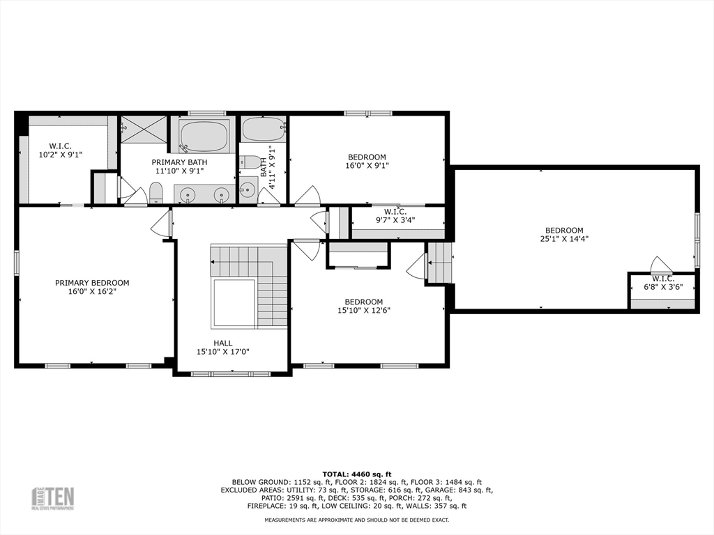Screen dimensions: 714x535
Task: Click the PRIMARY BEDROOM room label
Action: [92, 283]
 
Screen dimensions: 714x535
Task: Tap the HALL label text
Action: [223, 343]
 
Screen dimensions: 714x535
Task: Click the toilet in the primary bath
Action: [155, 193]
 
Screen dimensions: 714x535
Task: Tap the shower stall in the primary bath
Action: [144, 129]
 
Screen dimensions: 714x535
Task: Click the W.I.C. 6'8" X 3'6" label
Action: [663, 283]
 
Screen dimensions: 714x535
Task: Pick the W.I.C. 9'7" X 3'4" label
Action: [395, 216]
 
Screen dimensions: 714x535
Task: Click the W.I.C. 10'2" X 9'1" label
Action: [61, 150]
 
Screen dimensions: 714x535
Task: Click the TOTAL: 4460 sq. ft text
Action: [357, 474]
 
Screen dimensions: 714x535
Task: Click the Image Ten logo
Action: [52, 499]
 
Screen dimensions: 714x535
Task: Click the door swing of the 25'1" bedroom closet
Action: [661, 264]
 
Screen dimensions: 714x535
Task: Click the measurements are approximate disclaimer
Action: [357, 520]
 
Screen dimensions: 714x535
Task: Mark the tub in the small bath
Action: [264, 129]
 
